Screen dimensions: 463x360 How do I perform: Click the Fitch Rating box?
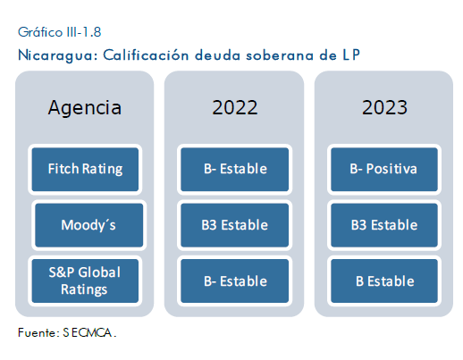click(85, 169)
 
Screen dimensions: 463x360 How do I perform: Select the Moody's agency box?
click(88, 225)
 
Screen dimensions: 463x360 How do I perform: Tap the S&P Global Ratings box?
click(85, 280)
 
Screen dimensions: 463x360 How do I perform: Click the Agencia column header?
click(85, 107)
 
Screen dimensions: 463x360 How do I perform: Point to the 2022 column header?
click(235, 107)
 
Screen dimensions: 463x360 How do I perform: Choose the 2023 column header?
click(384, 107)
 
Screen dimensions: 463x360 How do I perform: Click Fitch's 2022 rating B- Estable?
click(235, 169)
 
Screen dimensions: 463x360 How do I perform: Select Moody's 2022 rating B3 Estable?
click(235, 225)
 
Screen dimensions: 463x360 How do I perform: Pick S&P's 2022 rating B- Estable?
click(235, 280)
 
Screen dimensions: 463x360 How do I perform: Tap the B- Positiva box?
click(384, 169)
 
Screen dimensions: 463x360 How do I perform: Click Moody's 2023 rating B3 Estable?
click(384, 225)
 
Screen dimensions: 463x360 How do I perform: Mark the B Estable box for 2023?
click(384, 280)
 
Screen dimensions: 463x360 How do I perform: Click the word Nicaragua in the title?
click(58, 55)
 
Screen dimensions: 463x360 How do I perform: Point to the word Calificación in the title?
click(146, 54)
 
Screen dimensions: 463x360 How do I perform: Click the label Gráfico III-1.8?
click(60, 32)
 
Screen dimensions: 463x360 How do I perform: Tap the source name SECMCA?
click(89, 332)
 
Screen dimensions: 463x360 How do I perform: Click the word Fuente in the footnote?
click(38, 332)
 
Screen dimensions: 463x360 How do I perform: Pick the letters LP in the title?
click(351, 55)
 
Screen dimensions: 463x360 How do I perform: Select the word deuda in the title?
click(217, 55)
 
